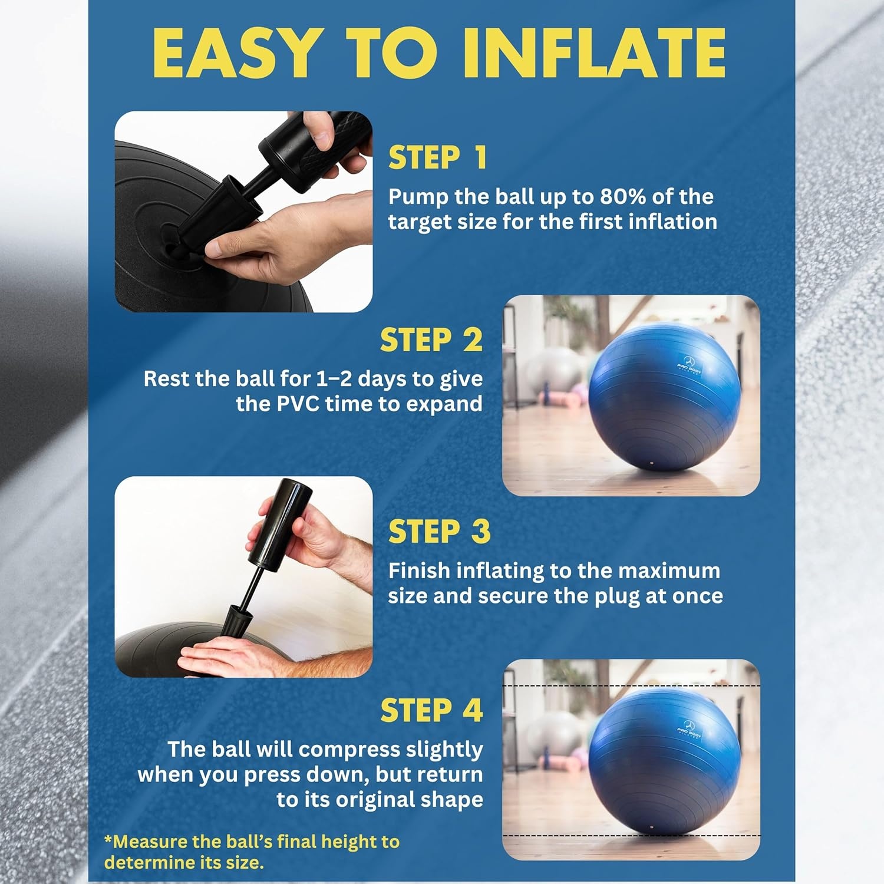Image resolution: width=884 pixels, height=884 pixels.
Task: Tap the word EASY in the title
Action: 236,53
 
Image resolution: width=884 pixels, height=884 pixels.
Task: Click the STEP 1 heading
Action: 437,158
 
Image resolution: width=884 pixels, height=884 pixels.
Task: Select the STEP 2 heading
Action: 431,340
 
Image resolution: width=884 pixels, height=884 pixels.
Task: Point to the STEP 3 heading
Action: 439,532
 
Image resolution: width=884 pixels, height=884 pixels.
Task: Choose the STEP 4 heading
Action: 431,710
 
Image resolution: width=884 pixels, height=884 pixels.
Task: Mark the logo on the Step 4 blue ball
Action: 689,728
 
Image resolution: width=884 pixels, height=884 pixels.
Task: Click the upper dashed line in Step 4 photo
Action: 631,687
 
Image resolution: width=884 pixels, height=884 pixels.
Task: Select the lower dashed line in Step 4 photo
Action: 631,836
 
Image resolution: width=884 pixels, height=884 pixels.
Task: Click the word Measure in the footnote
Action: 149,842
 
